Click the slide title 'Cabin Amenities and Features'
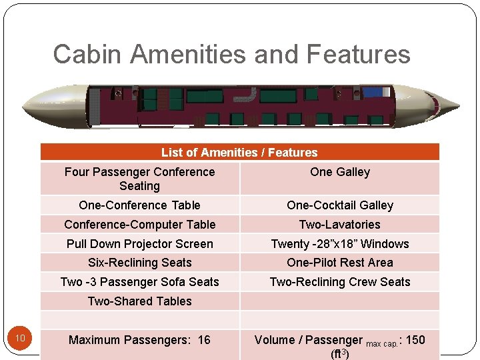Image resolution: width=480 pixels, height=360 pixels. pyautogui.click(x=231, y=54)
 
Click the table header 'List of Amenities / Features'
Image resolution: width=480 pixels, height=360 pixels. pyautogui.click(x=239, y=153)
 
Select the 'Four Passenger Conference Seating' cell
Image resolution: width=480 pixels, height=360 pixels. pyautogui.click(x=139, y=179)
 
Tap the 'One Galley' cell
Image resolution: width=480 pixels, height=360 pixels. pyautogui.click(x=339, y=172)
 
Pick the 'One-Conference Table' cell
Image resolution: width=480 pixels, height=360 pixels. pyautogui.click(x=139, y=205)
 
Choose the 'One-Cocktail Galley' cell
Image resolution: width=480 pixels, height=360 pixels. pyautogui.click(x=339, y=205)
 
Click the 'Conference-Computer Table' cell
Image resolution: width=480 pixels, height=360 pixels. pyautogui.click(x=139, y=225)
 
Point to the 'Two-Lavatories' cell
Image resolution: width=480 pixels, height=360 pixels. pyautogui.click(x=339, y=225)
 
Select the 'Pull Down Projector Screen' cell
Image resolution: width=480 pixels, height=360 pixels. pyautogui.click(x=139, y=244)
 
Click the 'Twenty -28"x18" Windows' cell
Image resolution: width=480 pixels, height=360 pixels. pyautogui.click(x=339, y=244)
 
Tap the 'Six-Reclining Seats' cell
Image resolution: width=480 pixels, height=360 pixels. pyautogui.click(x=139, y=263)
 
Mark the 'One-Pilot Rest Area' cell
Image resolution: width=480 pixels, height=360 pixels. pyautogui.click(x=339, y=263)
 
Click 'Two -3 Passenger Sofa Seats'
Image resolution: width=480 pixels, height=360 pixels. pyautogui.click(x=139, y=282)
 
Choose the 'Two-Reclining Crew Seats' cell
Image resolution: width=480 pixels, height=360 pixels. pyautogui.click(x=339, y=282)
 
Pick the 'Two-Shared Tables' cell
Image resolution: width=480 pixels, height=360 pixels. pyautogui.click(x=139, y=301)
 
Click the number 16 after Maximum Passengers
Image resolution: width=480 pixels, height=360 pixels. pyautogui.click(x=203, y=340)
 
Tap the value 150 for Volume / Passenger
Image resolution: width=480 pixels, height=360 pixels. pyautogui.click(x=415, y=340)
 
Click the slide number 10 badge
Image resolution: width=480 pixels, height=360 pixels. pyautogui.click(x=20, y=339)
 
